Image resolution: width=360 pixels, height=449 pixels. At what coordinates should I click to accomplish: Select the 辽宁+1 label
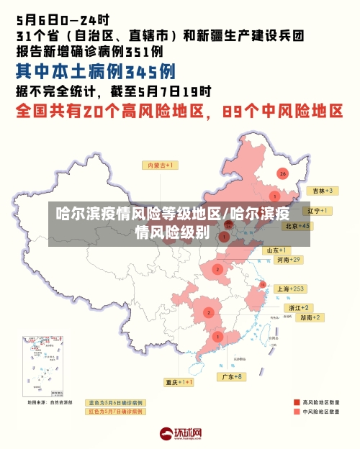(x=317, y=211)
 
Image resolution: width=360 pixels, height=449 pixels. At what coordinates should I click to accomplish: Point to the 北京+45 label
(x=297, y=225)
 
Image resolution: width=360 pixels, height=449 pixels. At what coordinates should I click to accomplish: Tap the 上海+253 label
(x=291, y=289)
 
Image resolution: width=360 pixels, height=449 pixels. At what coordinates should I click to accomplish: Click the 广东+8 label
(x=232, y=376)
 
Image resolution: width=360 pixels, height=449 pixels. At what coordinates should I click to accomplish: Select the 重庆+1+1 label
(x=179, y=381)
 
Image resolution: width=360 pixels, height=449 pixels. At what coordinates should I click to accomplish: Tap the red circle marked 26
(x=283, y=173)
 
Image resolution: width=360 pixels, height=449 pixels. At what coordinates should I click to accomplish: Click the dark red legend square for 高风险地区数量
(x=297, y=402)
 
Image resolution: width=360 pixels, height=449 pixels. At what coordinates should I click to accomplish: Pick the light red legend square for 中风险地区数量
(x=297, y=412)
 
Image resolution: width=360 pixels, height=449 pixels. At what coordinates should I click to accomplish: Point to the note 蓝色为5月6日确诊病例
(x=115, y=402)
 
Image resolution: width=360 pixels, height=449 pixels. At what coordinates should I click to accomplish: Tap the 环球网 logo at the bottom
(x=180, y=434)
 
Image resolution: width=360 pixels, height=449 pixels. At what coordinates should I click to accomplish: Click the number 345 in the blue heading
(x=150, y=71)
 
